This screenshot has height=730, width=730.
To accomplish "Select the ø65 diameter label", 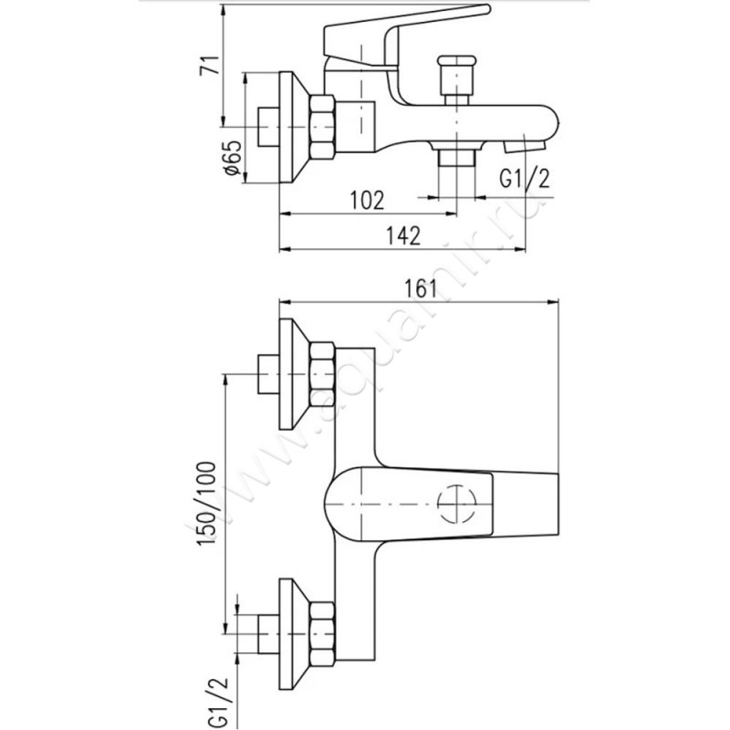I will [x=231, y=157].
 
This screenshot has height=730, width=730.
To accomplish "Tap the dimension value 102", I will [x=368, y=198].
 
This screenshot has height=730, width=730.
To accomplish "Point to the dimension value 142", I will [x=401, y=235].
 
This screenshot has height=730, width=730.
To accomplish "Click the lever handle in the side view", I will [x=401, y=27].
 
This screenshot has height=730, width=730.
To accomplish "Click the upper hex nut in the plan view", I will [x=323, y=373].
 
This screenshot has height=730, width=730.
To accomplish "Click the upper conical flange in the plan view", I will [x=292, y=373].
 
